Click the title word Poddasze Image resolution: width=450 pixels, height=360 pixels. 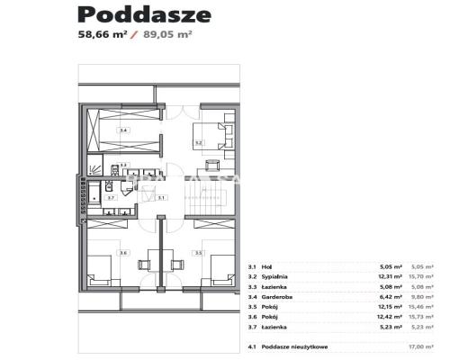144,14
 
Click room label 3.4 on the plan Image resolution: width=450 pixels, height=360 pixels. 122,130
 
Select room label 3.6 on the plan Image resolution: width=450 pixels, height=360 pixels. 123,253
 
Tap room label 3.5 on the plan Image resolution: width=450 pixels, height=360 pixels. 199,253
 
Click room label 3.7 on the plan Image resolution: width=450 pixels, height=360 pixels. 111,196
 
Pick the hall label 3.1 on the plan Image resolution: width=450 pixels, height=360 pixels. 159,196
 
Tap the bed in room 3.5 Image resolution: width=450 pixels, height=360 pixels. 222,267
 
